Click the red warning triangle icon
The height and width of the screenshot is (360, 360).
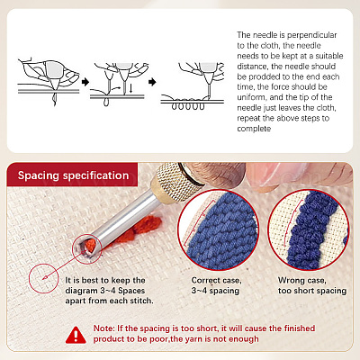point(76,335)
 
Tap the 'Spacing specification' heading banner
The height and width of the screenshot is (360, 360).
point(72,175)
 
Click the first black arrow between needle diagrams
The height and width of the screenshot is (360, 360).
point(85,82)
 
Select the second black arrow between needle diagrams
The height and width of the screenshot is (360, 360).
point(152,82)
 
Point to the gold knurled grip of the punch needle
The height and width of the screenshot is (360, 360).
point(172,184)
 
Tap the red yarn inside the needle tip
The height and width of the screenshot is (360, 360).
point(90,245)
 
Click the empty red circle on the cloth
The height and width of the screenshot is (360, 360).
point(44,278)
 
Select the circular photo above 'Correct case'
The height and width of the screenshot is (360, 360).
point(218,230)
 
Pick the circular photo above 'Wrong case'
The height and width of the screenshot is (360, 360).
point(309,230)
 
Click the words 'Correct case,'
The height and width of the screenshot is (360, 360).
point(216,281)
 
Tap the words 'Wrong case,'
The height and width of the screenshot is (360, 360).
point(301,281)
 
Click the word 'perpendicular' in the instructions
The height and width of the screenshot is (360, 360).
point(311,35)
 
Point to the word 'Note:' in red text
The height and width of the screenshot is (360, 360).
point(103,328)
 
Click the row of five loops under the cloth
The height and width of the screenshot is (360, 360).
point(188,106)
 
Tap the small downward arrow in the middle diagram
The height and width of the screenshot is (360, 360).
point(130,88)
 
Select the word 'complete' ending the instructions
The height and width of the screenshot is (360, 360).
point(254,129)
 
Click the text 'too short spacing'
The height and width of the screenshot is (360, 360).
point(312,291)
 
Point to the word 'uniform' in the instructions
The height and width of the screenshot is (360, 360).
point(251,97)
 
